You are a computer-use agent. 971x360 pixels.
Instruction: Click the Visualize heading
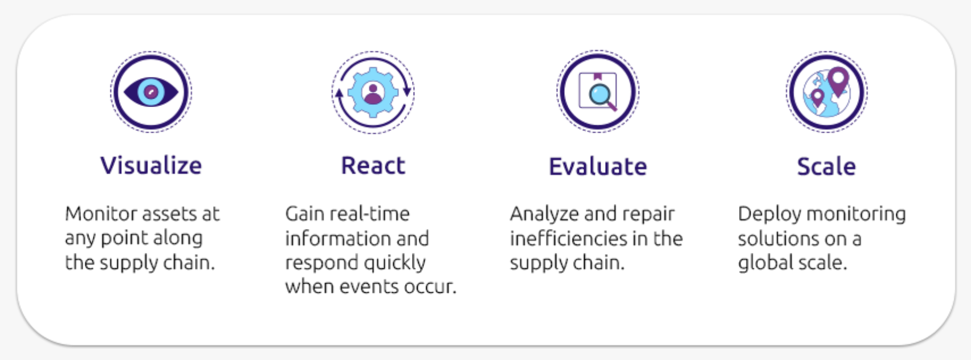tap(151, 166)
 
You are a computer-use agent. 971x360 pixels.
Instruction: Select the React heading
tap(373, 166)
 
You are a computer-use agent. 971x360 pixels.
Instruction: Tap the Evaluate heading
tap(598, 167)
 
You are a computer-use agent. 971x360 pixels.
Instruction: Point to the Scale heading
tap(827, 167)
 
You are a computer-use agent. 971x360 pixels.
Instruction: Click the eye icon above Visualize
tap(151, 92)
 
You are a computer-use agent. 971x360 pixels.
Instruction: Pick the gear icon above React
tap(373, 92)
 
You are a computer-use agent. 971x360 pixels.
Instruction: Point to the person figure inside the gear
tap(373, 94)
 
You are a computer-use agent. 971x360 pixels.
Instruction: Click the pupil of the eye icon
tap(151, 92)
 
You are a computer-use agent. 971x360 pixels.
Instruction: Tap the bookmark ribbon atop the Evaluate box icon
tap(598, 76)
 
